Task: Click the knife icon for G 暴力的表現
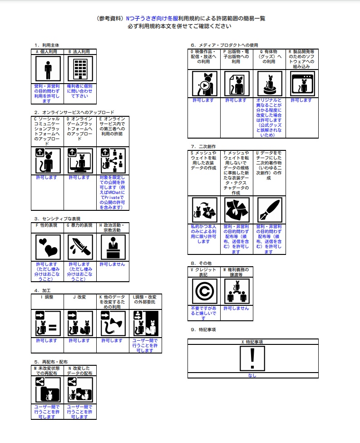point(80,247)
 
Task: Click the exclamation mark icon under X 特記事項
point(252,358)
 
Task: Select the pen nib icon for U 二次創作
point(269,209)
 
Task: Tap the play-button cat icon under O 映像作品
point(204,83)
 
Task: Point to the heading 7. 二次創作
point(203,146)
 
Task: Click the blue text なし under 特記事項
point(252,376)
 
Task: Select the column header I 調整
point(47,297)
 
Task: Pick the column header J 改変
point(80,297)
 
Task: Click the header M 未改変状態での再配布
point(47,370)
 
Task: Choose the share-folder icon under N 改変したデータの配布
point(80,390)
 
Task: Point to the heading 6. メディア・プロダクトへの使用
point(224,45)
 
